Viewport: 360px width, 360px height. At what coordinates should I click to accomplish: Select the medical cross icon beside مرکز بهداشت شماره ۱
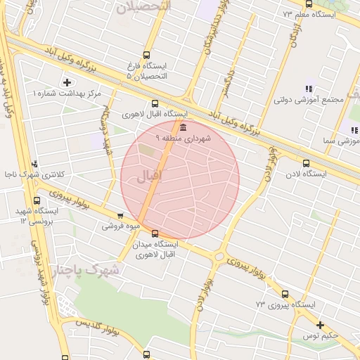[x=67, y=83]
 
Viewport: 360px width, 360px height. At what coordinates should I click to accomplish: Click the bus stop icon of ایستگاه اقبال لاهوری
[x=155, y=103]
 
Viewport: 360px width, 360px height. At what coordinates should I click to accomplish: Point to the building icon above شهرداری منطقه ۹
[x=183, y=127]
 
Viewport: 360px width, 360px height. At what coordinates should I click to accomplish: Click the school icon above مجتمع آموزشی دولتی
[x=308, y=89]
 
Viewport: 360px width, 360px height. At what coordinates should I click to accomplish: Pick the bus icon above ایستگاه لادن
[x=305, y=163]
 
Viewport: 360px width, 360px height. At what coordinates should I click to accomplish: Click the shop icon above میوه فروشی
[x=120, y=217]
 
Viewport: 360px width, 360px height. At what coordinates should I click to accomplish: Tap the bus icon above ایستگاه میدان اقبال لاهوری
[x=155, y=233]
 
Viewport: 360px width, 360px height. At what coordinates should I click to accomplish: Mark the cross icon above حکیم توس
[x=321, y=325]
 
